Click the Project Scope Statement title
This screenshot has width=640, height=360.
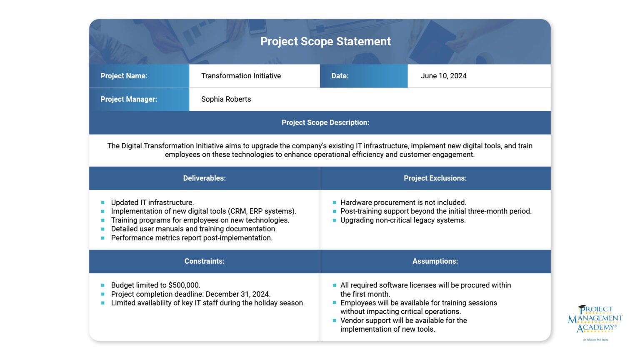[x=325, y=41]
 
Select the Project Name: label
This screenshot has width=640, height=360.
[x=124, y=76]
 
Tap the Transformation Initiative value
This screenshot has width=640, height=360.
[x=241, y=76]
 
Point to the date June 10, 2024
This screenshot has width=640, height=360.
[x=443, y=76]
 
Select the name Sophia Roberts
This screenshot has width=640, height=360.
[x=226, y=99]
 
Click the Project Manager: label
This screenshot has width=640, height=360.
[x=128, y=99]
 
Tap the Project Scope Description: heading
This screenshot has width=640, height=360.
[x=325, y=122]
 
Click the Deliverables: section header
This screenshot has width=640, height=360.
[x=204, y=178]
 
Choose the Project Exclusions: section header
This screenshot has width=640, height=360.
[x=435, y=178]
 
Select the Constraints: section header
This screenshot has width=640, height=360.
[x=204, y=261]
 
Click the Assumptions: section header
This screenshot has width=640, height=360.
[x=435, y=261]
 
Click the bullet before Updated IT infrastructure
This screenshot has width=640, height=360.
[x=102, y=202]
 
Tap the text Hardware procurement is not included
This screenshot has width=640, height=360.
[x=403, y=202]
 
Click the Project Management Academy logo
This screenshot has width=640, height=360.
[x=595, y=320]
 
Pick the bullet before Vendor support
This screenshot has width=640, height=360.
[x=334, y=320]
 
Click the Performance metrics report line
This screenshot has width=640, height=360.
[x=192, y=238]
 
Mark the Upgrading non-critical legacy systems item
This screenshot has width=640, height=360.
[x=403, y=220]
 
